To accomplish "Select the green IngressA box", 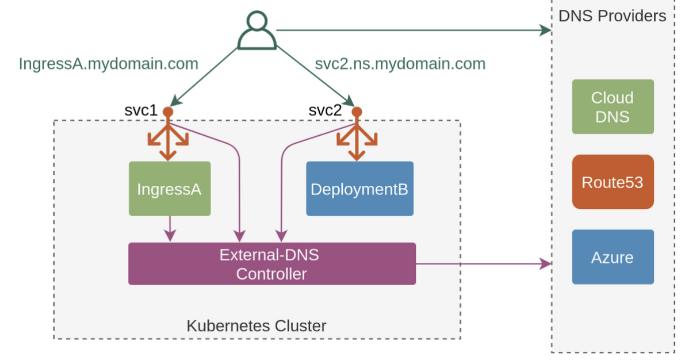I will click(x=169, y=189).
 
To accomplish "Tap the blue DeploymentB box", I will click(x=359, y=189).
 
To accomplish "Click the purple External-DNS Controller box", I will click(x=271, y=264).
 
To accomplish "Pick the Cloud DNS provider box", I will click(x=613, y=107).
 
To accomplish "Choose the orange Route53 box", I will click(x=613, y=182).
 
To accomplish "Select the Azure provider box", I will click(x=613, y=257).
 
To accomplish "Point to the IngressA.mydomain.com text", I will click(x=108, y=63).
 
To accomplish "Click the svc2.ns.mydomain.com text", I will click(x=400, y=63).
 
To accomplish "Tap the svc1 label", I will click(x=141, y=110).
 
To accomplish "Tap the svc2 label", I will click(x=325, y=110).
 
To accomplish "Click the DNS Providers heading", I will click(x=612, y=16).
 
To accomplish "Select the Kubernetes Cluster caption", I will click(x=257, y=326).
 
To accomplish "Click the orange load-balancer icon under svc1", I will click(x=168, y=138).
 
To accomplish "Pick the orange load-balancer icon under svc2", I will click(x=357, y=138).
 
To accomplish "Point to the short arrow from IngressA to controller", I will click(x=170, y=229).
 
